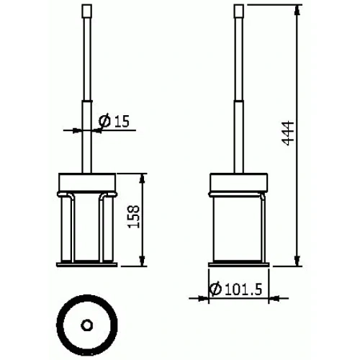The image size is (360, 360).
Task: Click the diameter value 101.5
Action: pyautogui.click(x=243, y=289)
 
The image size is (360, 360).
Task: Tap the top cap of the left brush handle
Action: pyautogui.click(x=88, y=12)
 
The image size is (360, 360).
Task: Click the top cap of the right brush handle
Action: pyautogui.click(x=238, y=12)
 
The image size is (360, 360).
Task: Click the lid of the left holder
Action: pyautogui.click(x=88, y=183)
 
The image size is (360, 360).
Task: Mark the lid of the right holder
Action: pyautogui.click(x=238, y=183)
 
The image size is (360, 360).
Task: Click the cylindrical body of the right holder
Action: pyautogui.click(x=238, y=227)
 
